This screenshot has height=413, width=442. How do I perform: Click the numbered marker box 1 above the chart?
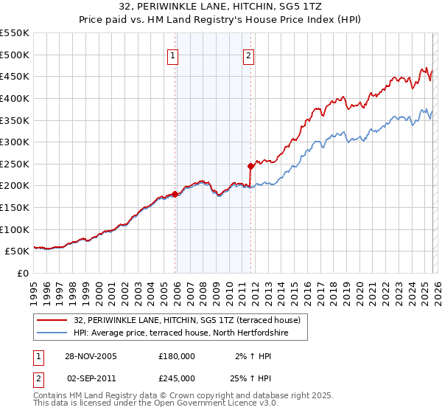(x=172, y=55)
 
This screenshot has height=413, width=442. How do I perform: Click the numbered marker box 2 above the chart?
(x=249, y=55)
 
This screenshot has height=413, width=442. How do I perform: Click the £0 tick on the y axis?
(x=22, y=273)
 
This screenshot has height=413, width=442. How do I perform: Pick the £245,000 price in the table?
(x=177, y=378)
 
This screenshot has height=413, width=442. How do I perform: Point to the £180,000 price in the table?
(x=177, y=356)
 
